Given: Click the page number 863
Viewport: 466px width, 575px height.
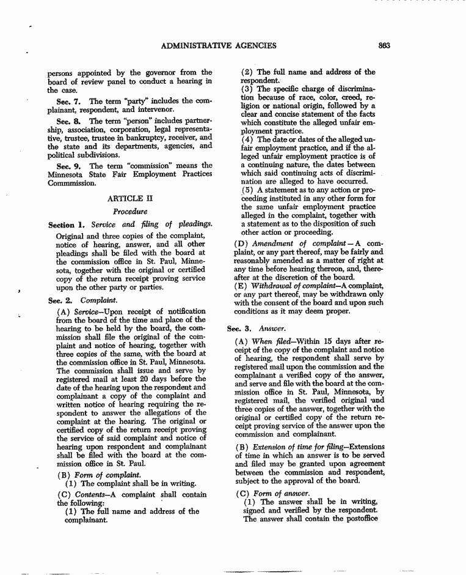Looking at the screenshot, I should pyautogui.click(x=384, y=45).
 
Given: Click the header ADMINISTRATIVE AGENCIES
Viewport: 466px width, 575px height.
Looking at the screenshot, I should pyautogui.click(x=219, y=45).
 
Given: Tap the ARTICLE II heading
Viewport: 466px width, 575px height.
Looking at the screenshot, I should pyautogui.click(x=129, y=198).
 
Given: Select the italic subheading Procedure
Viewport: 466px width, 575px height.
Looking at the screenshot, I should pyautogui.click(x=129, y=212).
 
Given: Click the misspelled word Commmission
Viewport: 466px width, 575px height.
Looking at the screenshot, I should pyautogui.click(x=71, y=183).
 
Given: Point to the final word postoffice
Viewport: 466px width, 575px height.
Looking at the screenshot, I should pyautogui.click(x=360, y=519).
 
